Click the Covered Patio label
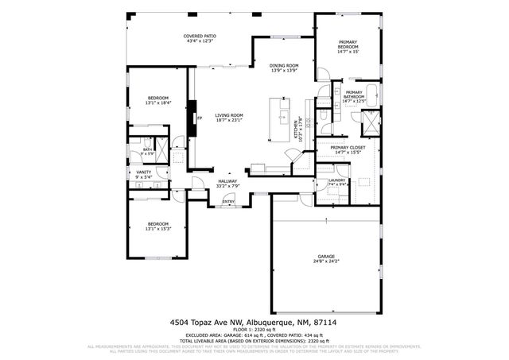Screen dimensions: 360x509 point(200,36)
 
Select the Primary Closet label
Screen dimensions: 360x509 point(348,148)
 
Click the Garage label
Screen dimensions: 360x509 point(326,256)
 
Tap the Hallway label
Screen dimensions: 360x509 point(228,181)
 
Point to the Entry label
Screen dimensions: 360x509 point(228,201)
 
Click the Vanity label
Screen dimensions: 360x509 point(144,172)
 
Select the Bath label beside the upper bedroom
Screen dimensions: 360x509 point(147,149)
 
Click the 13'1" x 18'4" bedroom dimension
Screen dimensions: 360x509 point(157,103)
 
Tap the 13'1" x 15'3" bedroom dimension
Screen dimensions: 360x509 point(157,229)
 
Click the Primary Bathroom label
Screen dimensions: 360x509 point(353,95)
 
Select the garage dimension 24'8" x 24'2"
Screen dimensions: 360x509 point(326,261)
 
